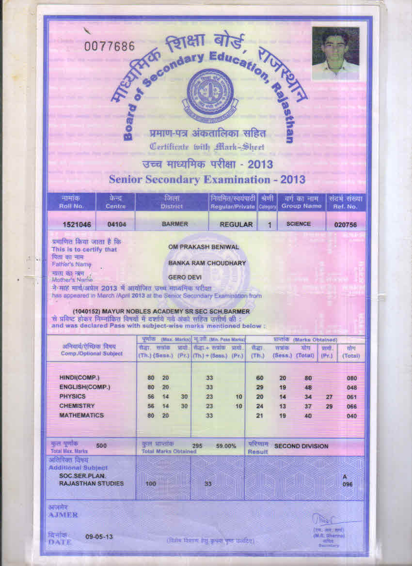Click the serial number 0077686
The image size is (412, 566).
pyautogui.click(x=109, y=46)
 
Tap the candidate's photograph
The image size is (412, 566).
pyautogui.click(x=335, y=53)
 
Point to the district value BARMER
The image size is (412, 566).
pyautogui.click(x=174, y=225)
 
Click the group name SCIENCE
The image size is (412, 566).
pyautogui.click(x=299, y=224)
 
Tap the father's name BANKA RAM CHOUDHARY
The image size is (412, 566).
pyautogui.click(x=207, y=263)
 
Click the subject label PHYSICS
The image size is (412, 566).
pyautogui.click(x=72, y=397)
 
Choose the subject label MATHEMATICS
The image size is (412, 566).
pyautogui.click(x=81, y=415)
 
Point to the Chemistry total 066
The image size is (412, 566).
pyautogui.click(x=352, y=407)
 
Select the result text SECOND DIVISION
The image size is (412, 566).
pyautogui.click(x=301, y=446)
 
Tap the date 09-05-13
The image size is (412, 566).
pyautogui.click(x=99, y=536)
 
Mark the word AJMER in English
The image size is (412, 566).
pyautogui.click(x=63, y=515)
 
